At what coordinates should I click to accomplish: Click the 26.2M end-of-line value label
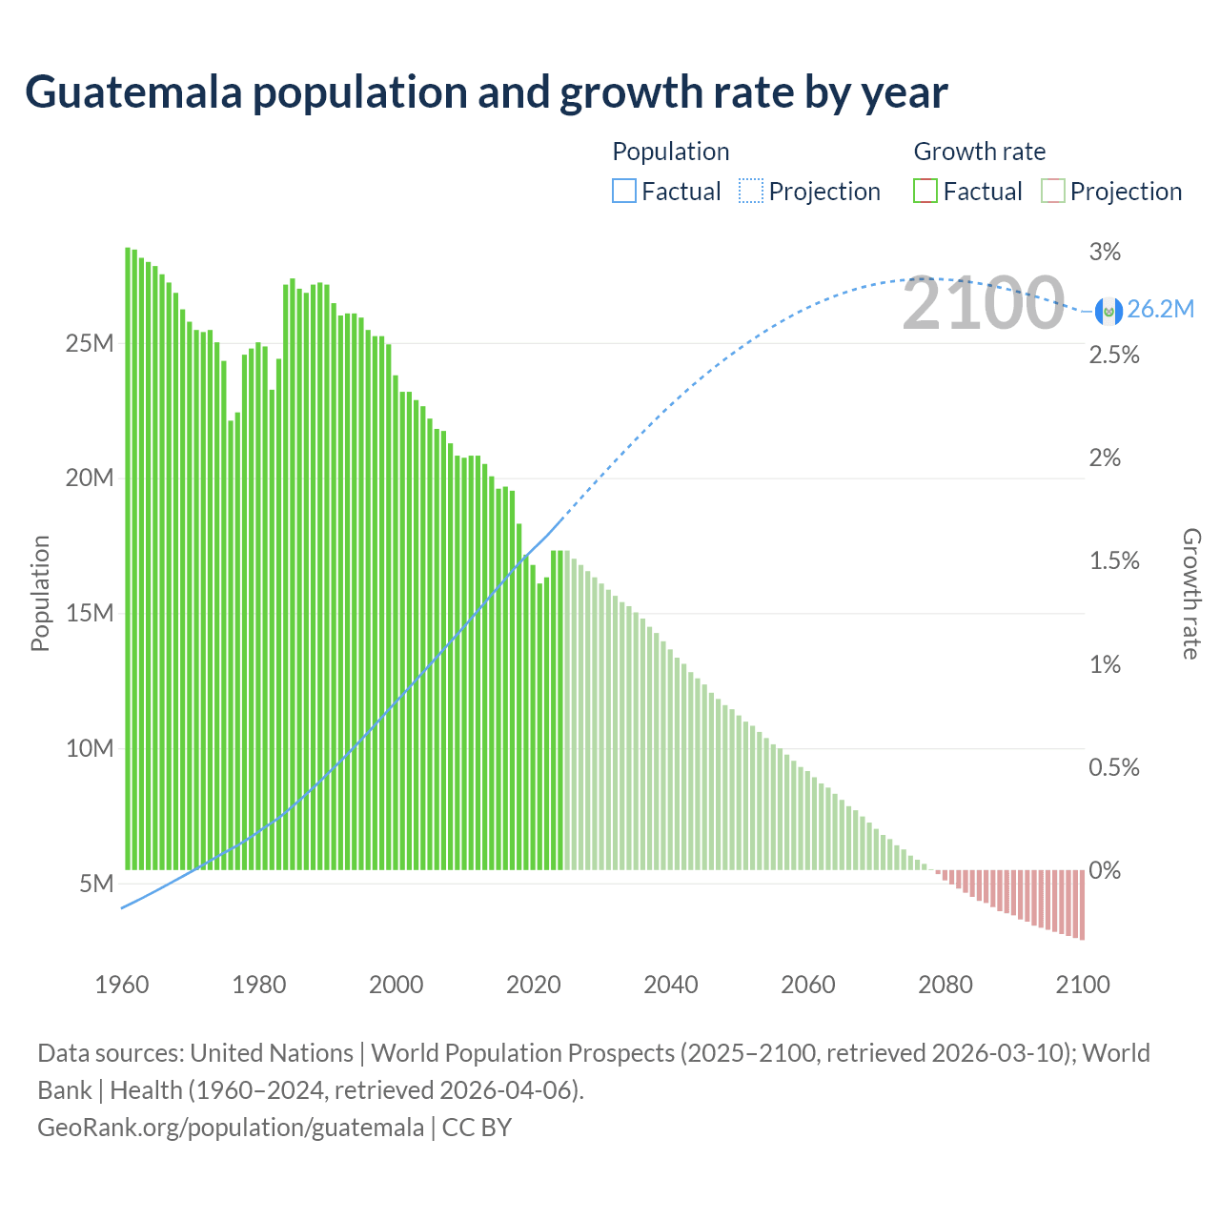click(x=1160, y=309)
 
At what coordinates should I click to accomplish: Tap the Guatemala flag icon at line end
click(x=1108, y=310)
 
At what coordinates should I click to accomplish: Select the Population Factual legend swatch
click(x=623, y=192)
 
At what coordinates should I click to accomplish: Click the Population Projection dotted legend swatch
click(x=751, y=192)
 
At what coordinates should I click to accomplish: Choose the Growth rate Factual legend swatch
click(x=925, y=192)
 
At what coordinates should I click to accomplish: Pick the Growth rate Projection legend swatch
click(x=1053, y=192)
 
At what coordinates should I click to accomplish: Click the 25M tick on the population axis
click(x=90, y=343)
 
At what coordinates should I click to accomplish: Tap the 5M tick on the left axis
click(x=96, y=884)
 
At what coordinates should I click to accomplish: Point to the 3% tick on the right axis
click(x=1105, y=252)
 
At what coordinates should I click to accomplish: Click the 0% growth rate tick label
click(x=1105, y=870)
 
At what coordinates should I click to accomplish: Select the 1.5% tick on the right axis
click(x=1114, y=560)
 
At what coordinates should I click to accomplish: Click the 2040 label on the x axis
click(x=671, y=985)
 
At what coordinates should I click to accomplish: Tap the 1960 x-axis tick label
click(x=122, y=985)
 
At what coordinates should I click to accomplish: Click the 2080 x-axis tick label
click(x=945, y=985)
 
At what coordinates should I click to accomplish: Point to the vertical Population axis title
click(x=40, y=593)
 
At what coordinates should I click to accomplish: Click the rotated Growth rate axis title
click(x=1191, y=593)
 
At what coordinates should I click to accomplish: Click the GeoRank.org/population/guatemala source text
click(x=231, y=1128)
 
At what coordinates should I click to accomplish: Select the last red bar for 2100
click(x=1082, y=905)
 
